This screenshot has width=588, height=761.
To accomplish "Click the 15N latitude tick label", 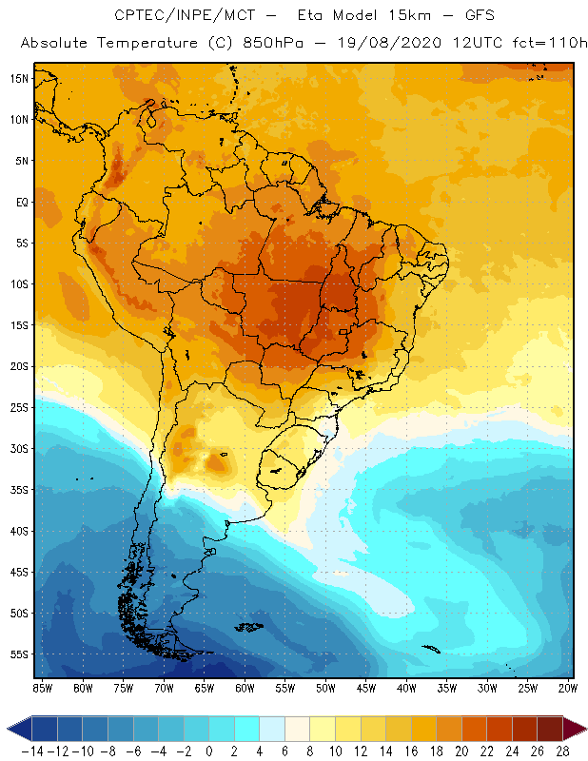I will click(19, 78).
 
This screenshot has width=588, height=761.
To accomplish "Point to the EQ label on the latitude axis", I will click(20, 202).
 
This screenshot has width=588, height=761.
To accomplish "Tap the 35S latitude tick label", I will click(19, 489).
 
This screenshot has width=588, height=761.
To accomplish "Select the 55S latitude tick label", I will click(19, 654).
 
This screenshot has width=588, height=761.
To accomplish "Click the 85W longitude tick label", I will click(42, 687).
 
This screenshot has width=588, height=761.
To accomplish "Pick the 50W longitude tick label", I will click(325, 687).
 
